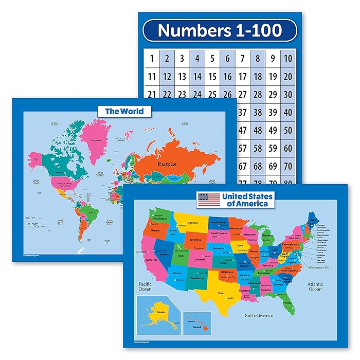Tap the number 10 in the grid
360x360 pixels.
288,59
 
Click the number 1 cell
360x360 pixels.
152,59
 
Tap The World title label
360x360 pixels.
124,111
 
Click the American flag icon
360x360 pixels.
208,200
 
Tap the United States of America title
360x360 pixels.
247,200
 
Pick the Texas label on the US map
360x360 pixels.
222,293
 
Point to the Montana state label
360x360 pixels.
192,223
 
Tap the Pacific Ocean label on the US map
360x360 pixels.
145,286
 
